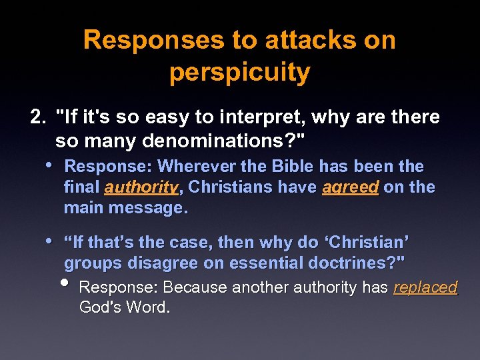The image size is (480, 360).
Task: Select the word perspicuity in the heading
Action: click(x=239, y=73)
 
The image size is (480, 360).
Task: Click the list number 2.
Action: click(x=38, y=118)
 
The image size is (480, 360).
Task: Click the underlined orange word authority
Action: click(x=141, y=187)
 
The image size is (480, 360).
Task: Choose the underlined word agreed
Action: click(x=350, y=187)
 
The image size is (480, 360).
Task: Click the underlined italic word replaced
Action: click(x=425, y=288)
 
